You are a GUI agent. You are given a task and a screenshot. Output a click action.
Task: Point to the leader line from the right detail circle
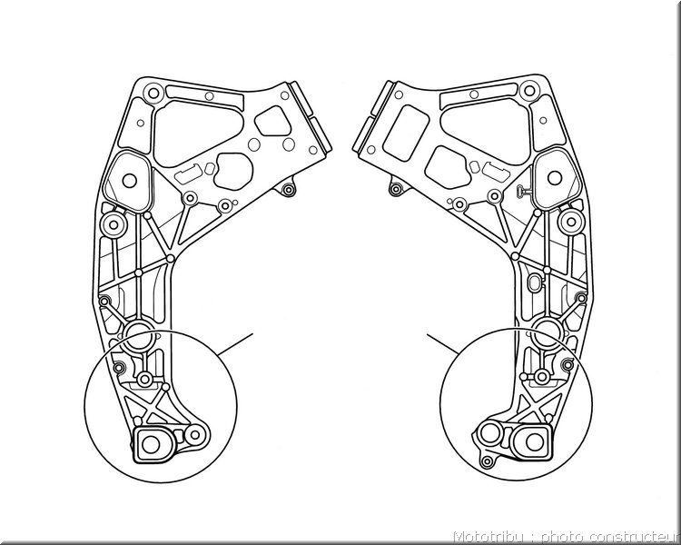(442, 343)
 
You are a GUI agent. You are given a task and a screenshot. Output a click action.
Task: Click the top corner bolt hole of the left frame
(153, 93)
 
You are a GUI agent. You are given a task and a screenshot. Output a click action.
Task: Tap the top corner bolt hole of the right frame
(529, 91)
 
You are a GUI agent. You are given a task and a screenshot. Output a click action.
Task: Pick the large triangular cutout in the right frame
(487, 131)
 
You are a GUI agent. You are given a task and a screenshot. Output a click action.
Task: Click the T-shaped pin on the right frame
(525, 191)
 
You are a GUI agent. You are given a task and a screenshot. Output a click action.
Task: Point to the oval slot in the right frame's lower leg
(534, 283)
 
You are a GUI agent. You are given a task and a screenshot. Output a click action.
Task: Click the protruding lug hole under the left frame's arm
(287, 190)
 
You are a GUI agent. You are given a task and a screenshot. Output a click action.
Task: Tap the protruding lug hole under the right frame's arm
(395, 189)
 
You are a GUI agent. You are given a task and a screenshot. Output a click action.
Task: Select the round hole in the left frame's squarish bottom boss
(151, 444)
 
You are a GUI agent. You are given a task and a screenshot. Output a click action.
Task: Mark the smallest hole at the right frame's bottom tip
(488, 461)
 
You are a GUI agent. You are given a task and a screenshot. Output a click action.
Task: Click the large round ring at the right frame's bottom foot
(490, 433)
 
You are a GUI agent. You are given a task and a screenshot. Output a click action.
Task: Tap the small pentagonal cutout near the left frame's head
(272, 121)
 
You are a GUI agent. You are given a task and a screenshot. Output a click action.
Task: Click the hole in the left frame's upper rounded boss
(130, 181)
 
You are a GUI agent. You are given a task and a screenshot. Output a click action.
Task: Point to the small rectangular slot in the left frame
(187, 174)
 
